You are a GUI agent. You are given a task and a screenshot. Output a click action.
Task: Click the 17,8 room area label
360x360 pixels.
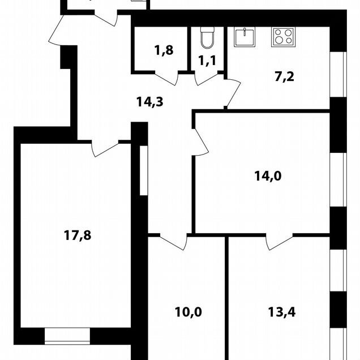(78, 235)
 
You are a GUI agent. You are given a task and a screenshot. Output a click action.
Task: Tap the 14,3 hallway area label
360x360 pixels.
(149, 102)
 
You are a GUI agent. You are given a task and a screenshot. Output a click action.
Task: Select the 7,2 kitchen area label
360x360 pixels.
(285, 76)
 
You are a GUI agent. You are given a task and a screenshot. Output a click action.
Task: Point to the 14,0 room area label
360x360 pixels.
(268, 176)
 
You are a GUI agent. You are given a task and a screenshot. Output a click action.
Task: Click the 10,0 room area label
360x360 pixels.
(188, 312)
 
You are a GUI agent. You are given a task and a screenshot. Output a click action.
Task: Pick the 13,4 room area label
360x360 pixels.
(282, 312)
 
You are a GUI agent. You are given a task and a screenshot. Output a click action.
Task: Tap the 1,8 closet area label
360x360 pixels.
(164, 50)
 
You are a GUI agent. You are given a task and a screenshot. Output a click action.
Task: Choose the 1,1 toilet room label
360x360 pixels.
(207, 61)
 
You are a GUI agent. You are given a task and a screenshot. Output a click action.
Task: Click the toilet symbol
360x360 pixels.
(207, 37)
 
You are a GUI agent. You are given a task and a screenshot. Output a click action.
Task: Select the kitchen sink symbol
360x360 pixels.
(245, 37)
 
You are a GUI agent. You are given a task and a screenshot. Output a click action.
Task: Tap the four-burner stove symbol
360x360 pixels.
(283, 37)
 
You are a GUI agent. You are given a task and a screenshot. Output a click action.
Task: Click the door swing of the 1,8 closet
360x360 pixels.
(166, 79)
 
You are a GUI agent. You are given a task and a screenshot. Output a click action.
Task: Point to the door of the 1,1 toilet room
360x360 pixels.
(206, 79)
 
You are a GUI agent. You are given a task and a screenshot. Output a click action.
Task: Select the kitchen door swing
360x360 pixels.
(232, 92)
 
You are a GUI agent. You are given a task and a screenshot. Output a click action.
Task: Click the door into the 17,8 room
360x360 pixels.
(105, 148)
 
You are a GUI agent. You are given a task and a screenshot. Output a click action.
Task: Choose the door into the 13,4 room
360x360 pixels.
(280, 242)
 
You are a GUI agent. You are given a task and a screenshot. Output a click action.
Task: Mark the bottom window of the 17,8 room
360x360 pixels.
(67, 336)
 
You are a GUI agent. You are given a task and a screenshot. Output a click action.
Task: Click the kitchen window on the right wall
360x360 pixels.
(338, 74)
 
